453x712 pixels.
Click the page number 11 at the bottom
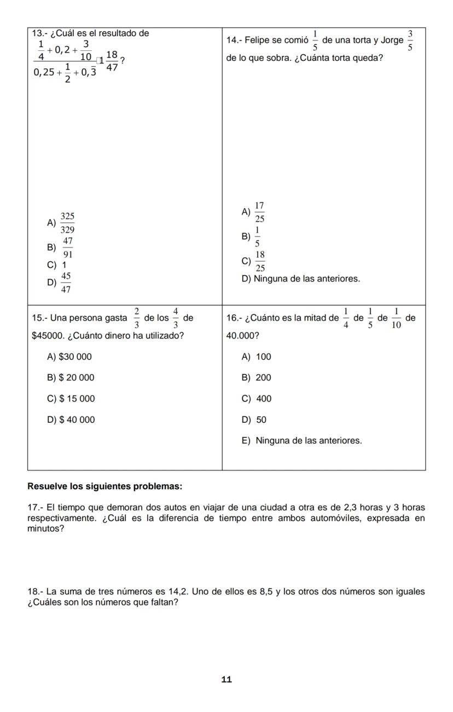226,679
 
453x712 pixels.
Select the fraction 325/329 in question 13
67,223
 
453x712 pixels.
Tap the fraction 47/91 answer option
67,248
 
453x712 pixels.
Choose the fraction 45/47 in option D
65,283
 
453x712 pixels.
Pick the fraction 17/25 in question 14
259,212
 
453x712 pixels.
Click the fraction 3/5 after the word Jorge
410,41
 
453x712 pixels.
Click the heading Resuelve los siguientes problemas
104,486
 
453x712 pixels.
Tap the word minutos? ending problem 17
46,529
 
